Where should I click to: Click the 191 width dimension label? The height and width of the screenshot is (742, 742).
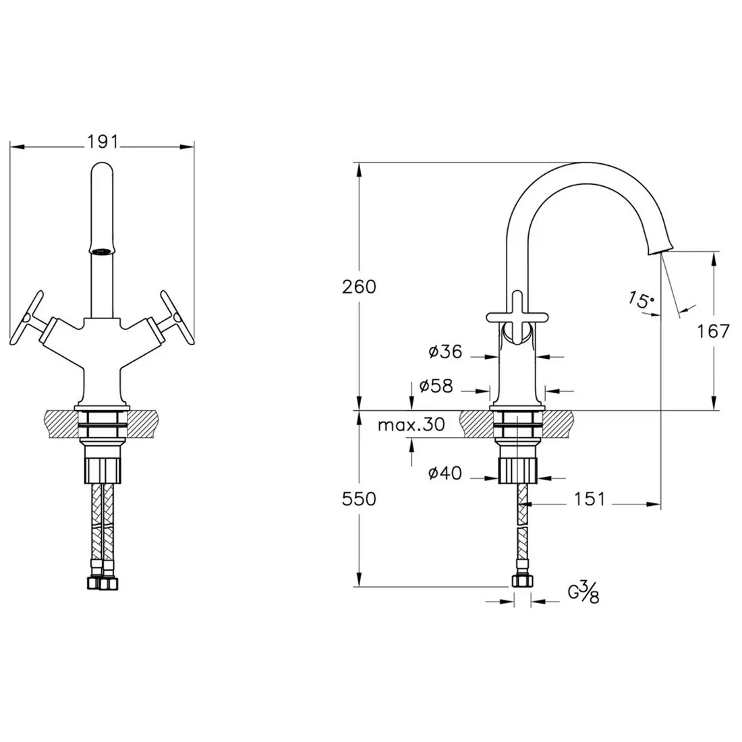(x=103, y=142)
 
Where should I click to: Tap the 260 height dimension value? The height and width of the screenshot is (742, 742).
(x=359, y=287)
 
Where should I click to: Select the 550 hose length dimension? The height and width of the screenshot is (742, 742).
(x=359, y=498)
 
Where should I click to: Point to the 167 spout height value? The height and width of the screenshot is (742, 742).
(x=713, y=331)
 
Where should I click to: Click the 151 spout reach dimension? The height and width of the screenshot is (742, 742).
(x=590, y=498)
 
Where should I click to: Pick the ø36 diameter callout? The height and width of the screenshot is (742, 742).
(x=445, y=351)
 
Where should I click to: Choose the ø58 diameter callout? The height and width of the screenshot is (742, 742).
(x=436, y=386)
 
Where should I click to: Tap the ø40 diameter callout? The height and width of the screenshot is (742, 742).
(x=445, y=473)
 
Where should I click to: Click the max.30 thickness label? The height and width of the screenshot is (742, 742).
(x=411, y=425)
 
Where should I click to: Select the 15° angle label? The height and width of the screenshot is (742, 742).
(x=641, y=299)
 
